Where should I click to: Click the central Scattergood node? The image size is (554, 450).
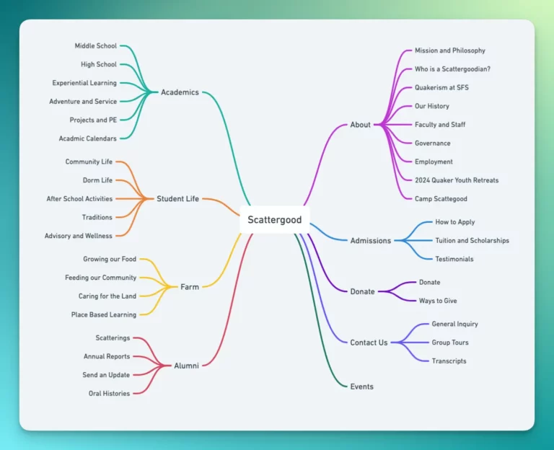pos(274,219)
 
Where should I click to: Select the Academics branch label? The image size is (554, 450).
pos(180,92)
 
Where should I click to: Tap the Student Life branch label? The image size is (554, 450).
pos(177,199)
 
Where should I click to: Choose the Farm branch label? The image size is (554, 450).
pos(190,287)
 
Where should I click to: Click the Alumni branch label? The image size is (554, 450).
pos(186,366)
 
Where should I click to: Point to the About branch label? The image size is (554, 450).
pos(360,125)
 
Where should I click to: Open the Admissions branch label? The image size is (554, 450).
pos(370,241)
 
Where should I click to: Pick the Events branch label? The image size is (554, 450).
pos(361,387)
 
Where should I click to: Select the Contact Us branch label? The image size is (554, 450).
pos(369,343)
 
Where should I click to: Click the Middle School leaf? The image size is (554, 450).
pos(95,46)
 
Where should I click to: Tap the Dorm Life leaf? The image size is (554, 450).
pos(97,180)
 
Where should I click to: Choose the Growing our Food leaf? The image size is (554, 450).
pos(110,259)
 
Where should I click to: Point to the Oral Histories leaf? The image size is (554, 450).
pos(109,394)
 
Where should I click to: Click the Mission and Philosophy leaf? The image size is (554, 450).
pos(449,51)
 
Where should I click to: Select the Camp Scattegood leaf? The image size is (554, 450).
pos(441,199)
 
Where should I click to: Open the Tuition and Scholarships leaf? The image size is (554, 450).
pos(472,241)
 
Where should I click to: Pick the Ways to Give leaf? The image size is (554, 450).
pos(438,301)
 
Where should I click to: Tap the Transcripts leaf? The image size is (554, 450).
pos(449,361)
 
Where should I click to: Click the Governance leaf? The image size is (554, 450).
pos(432,144)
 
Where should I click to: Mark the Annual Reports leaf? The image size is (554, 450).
pos(107,356)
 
